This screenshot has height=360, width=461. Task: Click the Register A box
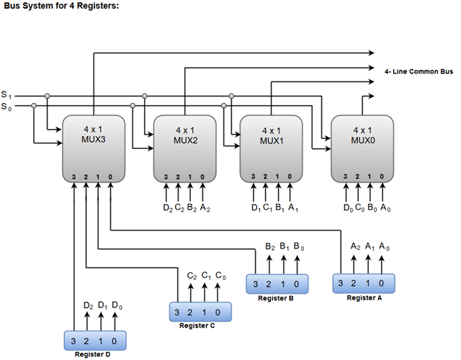click(364, 283)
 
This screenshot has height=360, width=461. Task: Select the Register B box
click(277, 283)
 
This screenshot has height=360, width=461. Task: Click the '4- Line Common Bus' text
click(419, 72)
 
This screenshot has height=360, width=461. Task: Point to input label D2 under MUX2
click(167, 209)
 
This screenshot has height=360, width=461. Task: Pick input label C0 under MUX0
click(359, 209)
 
